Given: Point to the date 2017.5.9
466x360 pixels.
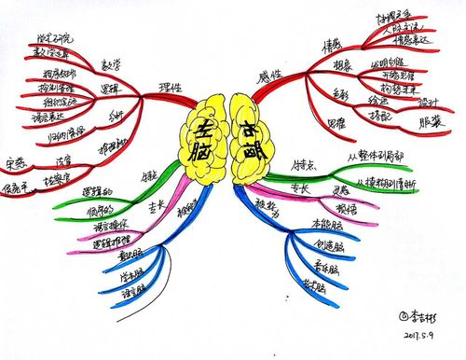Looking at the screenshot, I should (x=411, y=331).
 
